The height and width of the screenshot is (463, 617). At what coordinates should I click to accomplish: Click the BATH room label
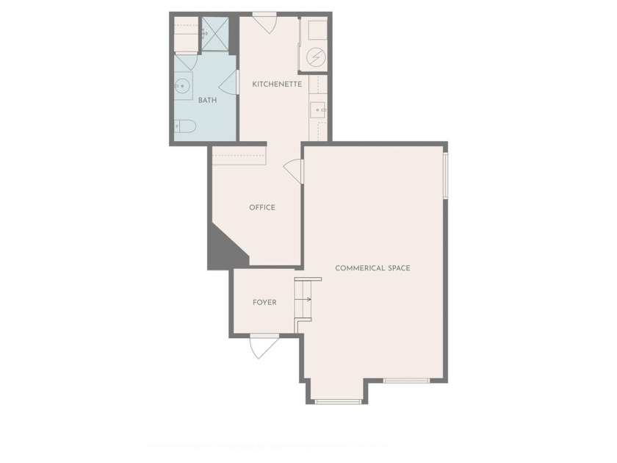(x=207, y=100)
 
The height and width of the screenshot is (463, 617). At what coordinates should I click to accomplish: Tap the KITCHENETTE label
(x=277, y=84)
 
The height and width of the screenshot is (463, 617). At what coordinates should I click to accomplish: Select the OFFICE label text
(x=262, y=207)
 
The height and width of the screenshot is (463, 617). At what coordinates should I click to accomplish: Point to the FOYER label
(x=264, y=302)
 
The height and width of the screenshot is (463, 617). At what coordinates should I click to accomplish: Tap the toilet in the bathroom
(x=184, y=126)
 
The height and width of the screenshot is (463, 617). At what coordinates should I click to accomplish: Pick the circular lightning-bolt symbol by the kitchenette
(x=314, y=57)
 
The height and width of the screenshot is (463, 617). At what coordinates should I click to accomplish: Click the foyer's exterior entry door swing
(x=263, y=347)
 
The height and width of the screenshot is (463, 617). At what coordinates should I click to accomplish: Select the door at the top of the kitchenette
(x=264, y=23)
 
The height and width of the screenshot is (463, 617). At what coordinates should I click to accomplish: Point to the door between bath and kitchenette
(x=231, y=82)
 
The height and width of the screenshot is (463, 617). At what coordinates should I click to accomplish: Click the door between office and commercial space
(x=294, y=171)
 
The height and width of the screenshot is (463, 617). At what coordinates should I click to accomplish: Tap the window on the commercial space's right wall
(x=445, y=175)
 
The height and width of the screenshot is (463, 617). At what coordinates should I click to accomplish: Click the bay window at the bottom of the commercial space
(x=338, y=401)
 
